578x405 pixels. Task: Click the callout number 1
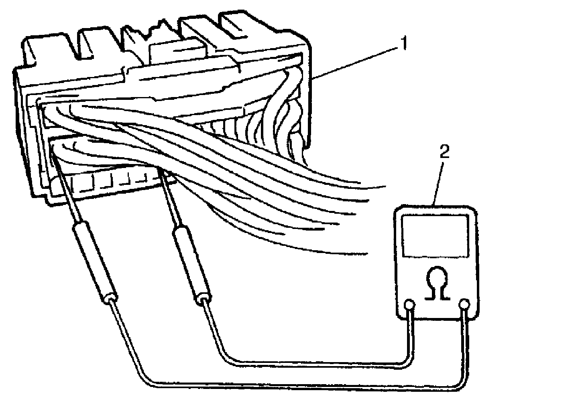pyautogui.click(x=403, y=43)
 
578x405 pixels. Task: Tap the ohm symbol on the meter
pyautogui.click(x=438, y=283)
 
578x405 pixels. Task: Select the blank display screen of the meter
pyautogui.click(x=435, y=237)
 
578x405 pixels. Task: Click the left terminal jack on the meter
pyautogui.click(x=409, y=305)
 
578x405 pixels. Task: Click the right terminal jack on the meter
pyautogui.click(x=464, y=305)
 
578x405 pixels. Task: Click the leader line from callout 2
pyautogui.click(x=438, y=183)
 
